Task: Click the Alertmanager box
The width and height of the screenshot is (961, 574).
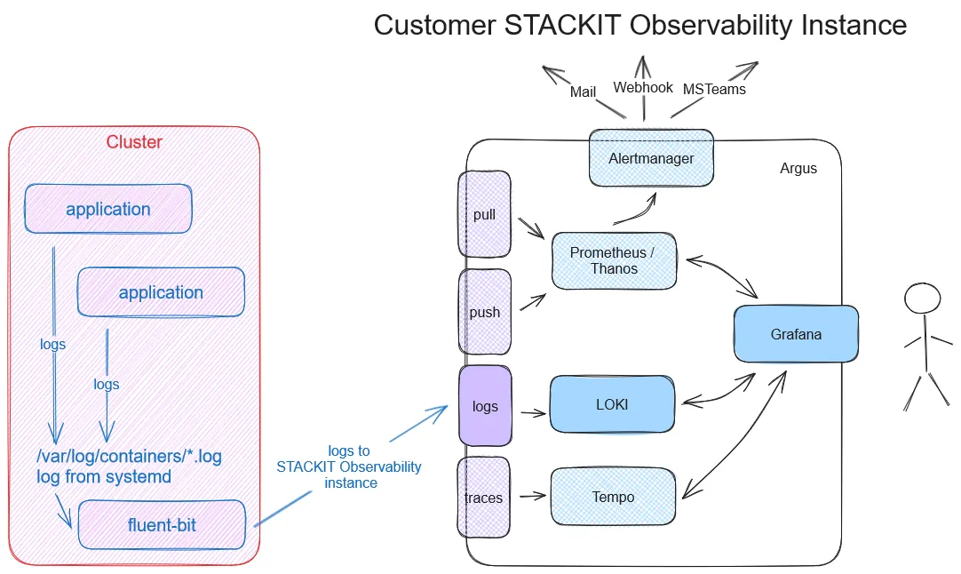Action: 651,158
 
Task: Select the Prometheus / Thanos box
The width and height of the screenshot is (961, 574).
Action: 614,261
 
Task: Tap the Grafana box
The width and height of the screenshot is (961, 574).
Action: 796,334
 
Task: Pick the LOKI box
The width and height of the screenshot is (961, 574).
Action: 612,404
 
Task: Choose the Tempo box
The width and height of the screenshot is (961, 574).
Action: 613,497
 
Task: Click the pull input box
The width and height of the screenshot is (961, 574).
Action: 484,214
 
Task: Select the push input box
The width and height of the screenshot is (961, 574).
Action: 484,312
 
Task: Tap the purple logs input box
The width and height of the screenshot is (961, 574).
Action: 485,406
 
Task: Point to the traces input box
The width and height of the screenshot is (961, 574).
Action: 484,498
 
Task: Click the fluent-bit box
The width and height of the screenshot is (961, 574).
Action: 161,524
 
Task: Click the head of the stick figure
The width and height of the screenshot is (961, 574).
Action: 922,298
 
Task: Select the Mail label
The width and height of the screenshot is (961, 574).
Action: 583,92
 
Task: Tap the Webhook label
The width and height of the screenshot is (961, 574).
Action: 643,87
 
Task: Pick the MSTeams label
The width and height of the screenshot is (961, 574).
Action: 714,89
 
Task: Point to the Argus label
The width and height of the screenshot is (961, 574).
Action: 798,168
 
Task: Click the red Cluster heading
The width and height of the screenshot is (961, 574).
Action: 134,142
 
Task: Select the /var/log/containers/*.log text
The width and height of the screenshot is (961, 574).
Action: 129,457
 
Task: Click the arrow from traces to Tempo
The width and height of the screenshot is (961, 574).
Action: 531,497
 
